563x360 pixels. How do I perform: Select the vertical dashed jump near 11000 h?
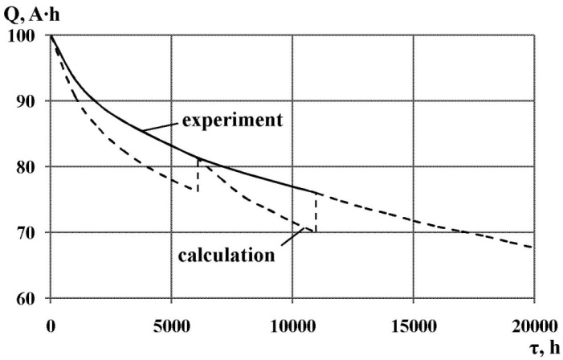[x=316, y=213]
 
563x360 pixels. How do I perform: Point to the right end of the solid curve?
[x=316, y=193]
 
